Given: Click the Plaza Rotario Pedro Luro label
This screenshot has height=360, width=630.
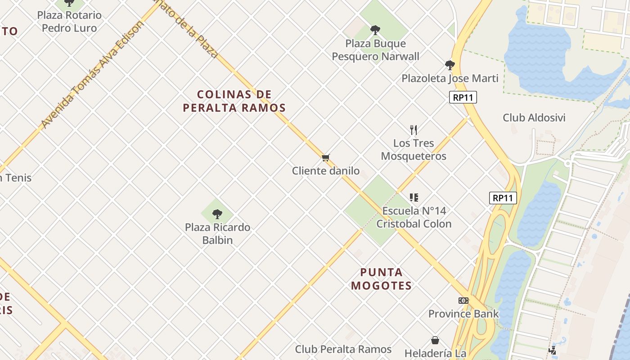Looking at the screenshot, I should click(x=69, y=22).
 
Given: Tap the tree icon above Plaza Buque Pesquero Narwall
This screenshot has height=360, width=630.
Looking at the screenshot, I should click(x=375, y=30).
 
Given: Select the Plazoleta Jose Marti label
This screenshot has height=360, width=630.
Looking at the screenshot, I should click(x=450, y=79).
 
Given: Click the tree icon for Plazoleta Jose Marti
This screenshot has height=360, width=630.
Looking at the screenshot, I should click(x=450, y=65).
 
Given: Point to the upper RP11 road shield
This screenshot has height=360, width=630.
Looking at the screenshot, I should click(x=463, y=97).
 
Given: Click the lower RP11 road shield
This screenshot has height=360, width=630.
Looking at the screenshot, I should click(x=503, y=198).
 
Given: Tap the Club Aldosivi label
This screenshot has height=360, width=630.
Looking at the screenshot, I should click(x=534, y=118).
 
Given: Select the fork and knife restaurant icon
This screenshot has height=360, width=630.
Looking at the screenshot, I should click(x=414, y=130).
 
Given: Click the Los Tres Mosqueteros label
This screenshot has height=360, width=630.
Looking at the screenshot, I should click(x=414, y=150).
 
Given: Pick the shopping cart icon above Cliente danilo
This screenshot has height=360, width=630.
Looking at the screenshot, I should click(x=326, y=157).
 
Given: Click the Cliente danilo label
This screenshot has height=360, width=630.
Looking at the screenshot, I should click(x=326, y=171).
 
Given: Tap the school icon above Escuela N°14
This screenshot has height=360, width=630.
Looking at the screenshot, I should click(x=414, y=197).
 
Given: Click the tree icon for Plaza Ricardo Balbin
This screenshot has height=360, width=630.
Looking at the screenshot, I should click(x=217, y=214).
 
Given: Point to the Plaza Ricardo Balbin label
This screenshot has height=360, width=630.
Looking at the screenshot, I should click(x=217, y=234).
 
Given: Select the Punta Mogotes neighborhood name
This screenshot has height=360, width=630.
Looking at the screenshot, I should click(x=382, y=279).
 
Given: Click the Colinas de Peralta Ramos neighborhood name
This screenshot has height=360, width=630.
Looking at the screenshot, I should click(x=234, y=101).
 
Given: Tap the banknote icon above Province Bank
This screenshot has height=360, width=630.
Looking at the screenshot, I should click(x=463, y=301).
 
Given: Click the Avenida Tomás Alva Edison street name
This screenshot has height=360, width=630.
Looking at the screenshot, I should click(x=92, y=74).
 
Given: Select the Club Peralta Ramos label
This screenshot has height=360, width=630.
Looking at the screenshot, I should click(x=343, y=349).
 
